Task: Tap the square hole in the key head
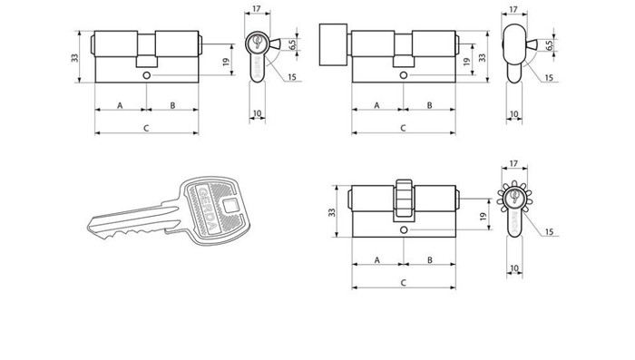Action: pos(230,206)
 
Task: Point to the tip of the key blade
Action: pos(89,228)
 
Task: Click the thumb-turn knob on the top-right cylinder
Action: pos(333,44)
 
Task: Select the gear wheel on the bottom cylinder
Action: pos(404,200)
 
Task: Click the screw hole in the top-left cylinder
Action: pos(147,75)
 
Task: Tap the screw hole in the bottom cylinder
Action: pos(404,230)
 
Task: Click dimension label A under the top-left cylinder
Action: pos(120,105)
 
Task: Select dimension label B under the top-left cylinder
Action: pos(172,105)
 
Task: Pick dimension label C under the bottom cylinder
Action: pos(404,282)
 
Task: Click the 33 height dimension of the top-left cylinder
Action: pos(75,57)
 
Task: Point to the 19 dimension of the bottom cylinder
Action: pos(483,217)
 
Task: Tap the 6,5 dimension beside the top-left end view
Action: pos(292,44)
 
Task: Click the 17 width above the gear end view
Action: pos(513,163)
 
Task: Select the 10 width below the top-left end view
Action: pos(257,113)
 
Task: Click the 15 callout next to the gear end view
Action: pos(549,231)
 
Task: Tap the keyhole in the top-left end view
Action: pos(257,42)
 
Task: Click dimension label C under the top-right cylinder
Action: pos(403,128)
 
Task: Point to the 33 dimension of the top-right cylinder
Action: pos(483,57)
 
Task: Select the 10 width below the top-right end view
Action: pos(514,114)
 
